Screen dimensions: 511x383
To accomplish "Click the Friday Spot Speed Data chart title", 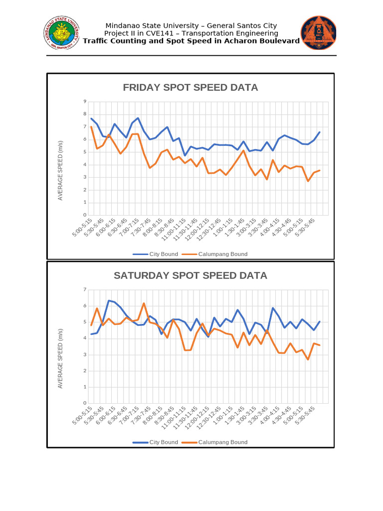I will pos(191,88).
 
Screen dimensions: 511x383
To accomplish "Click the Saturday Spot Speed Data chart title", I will pos(191,275).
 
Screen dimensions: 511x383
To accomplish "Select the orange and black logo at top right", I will pos(318,33).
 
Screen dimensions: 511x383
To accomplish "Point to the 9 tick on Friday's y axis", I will pos(85,102).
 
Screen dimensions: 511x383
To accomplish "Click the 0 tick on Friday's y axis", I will pos(85,215).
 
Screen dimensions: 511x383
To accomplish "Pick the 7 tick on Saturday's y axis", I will pos(85,290).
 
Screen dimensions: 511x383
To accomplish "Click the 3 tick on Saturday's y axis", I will pos(85,355).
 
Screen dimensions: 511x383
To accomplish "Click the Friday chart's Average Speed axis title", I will pos(60,170).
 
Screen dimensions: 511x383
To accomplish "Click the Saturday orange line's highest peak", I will pos(144,303).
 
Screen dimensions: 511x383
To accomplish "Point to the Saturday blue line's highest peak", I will pos(109,300).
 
